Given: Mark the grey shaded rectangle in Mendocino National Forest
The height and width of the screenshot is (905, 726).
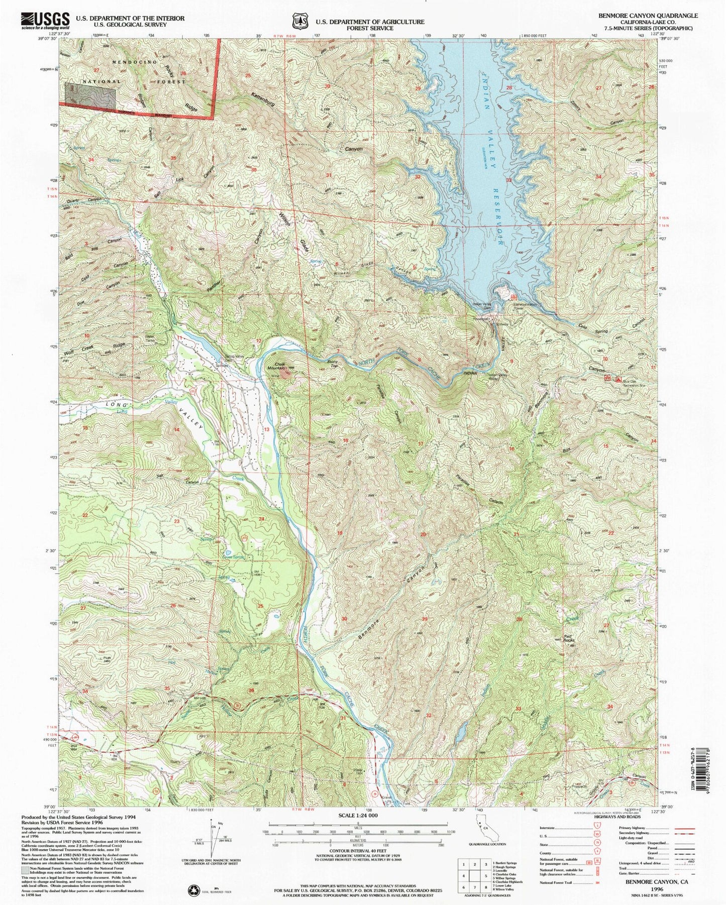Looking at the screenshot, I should (x=89, y=93).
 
